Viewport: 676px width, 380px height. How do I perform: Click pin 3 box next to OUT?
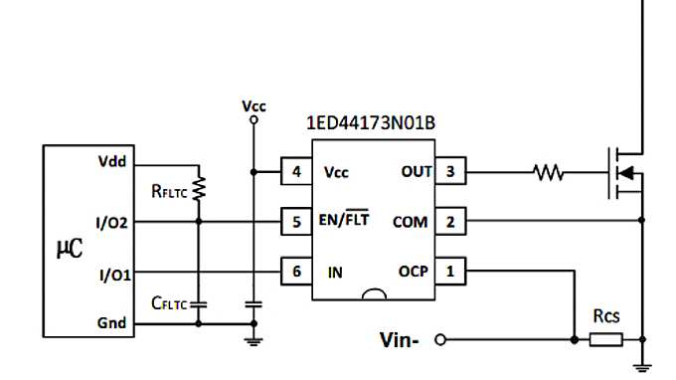450,171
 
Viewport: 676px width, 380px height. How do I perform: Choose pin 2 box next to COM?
450,221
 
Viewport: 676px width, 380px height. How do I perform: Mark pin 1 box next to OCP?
450,271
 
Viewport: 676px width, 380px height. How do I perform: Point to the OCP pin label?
413,271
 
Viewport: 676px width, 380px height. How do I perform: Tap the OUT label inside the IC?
416,171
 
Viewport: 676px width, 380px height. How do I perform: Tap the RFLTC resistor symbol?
199,187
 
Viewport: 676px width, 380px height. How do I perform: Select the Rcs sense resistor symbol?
606,340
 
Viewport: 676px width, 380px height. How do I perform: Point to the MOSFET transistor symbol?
624,172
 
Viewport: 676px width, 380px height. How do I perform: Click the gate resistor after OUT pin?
549,173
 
